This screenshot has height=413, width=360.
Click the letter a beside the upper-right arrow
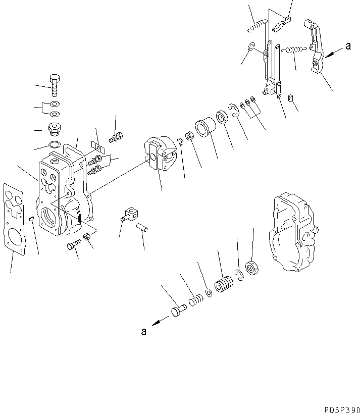pyautogui.click(x=348, y=47)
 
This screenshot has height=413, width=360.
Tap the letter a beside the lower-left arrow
pyautogui.click(x=144, y=332)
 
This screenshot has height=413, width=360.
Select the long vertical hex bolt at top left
pyautogui.click(x=55, y=86)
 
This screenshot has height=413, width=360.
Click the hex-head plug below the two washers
pyautogui.click(x=54, y=130)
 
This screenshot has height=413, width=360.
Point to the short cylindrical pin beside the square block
pyautogui.click(x=144, y=228)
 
